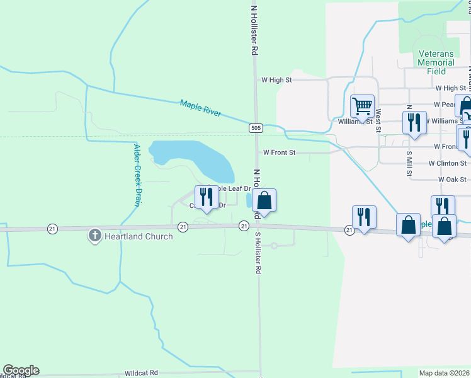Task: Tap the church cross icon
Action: tap(95, 236)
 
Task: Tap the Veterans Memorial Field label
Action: tap(436, 63)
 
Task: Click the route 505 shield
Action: tap(255, 128)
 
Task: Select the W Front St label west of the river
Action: tap(279, 152)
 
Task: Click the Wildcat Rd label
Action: tap(141, 373)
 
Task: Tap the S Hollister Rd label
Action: tap(258, 252)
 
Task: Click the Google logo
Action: tap(21, 370)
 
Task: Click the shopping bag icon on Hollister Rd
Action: tap(264, 201)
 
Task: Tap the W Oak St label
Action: tap(451, 180)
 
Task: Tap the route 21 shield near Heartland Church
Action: tap(183, 226)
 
